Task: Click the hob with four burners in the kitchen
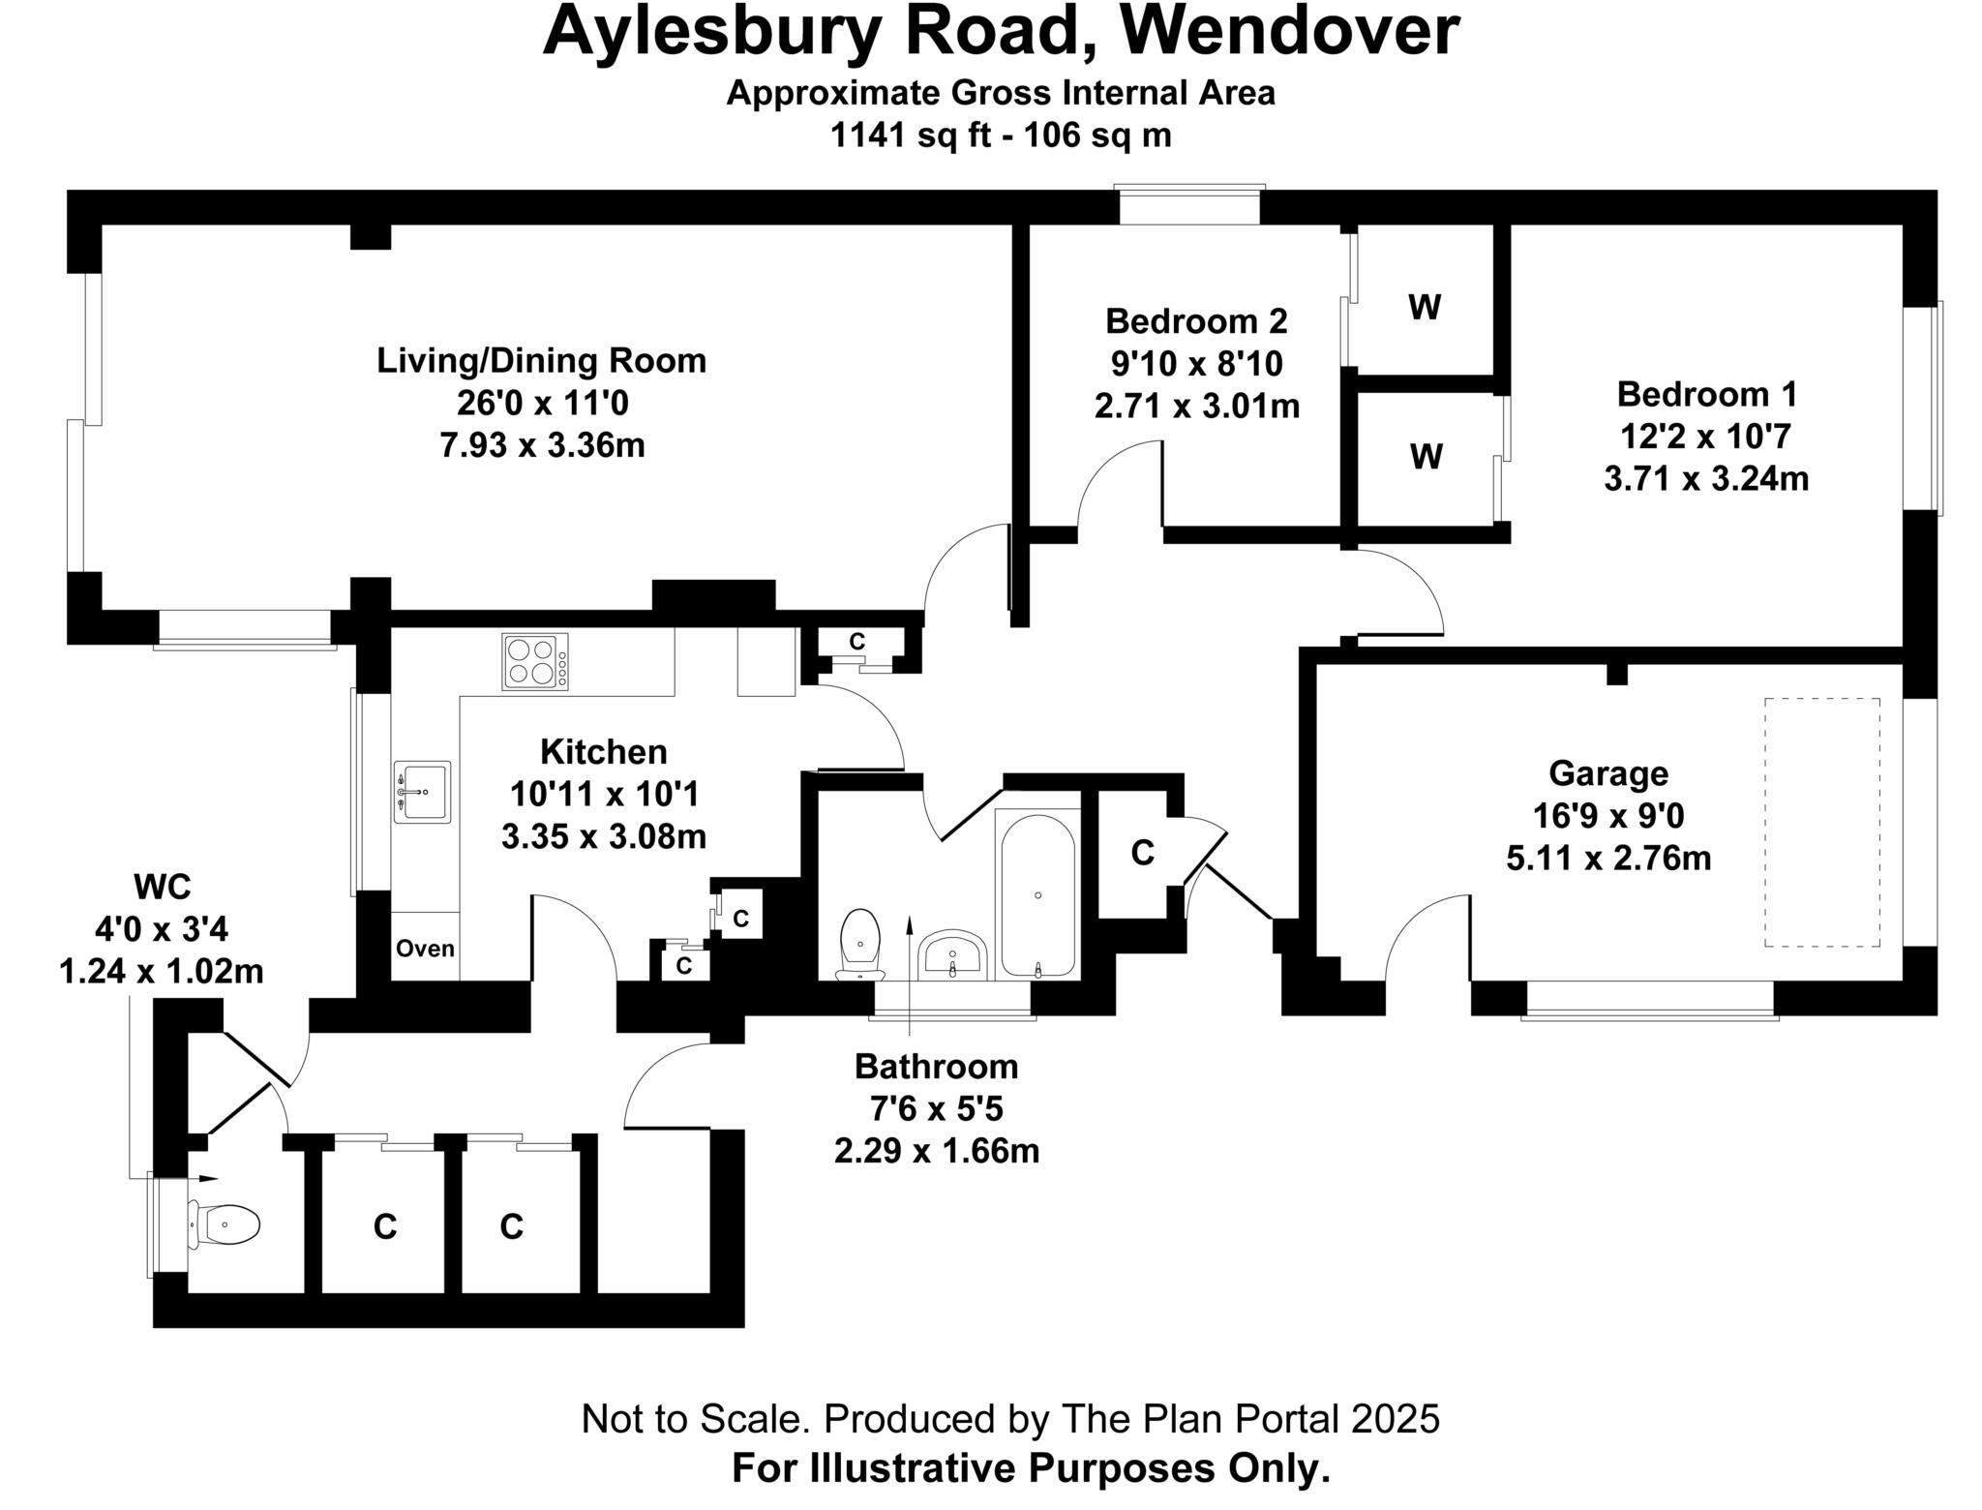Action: point(534,661)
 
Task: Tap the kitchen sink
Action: point(422,792)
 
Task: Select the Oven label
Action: point(425,948)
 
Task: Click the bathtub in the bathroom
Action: point(1037,895)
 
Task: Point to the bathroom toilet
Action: point(860,942)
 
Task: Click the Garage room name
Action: point(1608,773)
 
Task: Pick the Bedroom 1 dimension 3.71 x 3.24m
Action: point(1706,479)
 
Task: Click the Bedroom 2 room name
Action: point(1196,320)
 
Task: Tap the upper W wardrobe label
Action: point(1425,308)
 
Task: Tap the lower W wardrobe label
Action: point(1426,456)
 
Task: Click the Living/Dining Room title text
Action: point(541,361)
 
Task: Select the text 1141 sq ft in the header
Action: point(910,136)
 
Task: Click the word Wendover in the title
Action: point(1289,31)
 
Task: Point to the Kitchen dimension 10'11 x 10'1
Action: point(604,795)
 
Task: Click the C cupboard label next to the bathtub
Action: point(1142,853)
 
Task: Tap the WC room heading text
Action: point(162,886)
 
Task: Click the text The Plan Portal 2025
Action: point(1250,1419)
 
